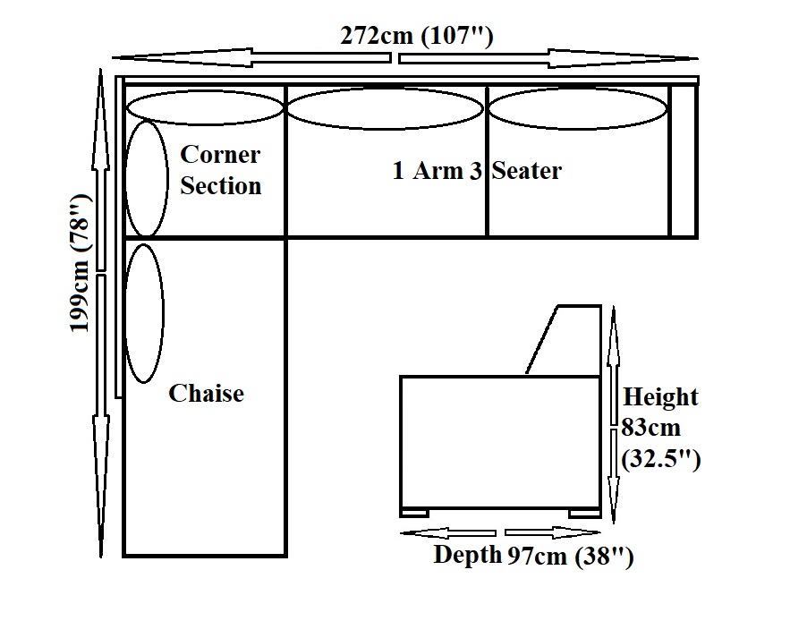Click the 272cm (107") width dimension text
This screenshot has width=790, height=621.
point(417,37)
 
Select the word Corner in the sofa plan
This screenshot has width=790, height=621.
point(220,154)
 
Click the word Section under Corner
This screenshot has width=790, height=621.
point(221,186)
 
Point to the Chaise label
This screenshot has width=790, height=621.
point(206,393)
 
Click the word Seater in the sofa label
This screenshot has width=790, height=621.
point(527,170)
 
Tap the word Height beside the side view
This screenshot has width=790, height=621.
point(660,396)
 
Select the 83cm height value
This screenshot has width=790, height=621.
point(650,428)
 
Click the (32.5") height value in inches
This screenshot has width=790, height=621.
point(660,460)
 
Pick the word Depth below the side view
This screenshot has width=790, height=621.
point(467,555)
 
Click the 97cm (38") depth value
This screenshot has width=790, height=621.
point(571,557)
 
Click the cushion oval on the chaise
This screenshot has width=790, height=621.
point(145,313)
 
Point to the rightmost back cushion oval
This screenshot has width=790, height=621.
point(578,109)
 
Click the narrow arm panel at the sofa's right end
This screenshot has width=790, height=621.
point(684,161)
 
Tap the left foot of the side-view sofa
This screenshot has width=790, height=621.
point(415,513)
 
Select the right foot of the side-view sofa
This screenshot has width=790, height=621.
point(583,513)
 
